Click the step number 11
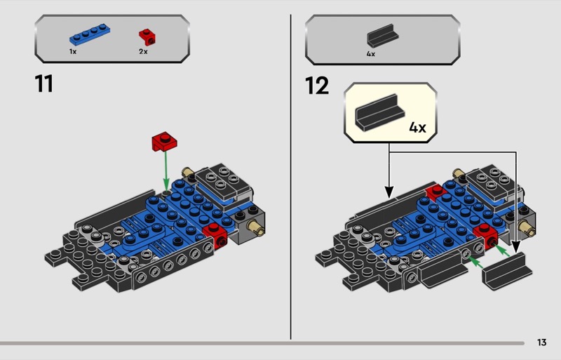click(x=43, y=84)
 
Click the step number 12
click(x=317, y=86)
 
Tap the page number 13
click(x=541, y=342)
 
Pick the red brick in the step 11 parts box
click(x=147, y=35)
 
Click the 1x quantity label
click(x=73, y=52)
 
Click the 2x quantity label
click(x=143, y=52)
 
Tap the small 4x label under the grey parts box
click(x=371, y=53)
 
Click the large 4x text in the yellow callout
click(x=417, y=128)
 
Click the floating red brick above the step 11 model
click(x=164, y=141)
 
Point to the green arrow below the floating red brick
click(x=165, y=168)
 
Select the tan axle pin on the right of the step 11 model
click(x=256, y=227)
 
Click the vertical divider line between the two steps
click(x=290, y=175)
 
